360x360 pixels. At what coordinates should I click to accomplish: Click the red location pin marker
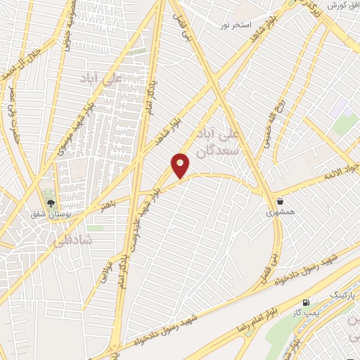(181, 165)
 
